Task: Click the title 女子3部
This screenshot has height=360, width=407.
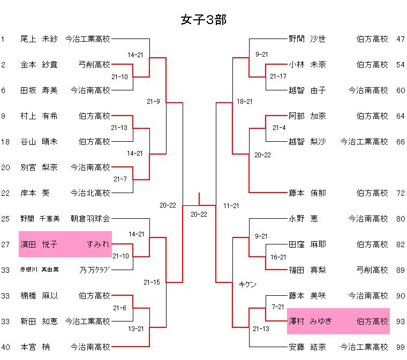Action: coord(204,20)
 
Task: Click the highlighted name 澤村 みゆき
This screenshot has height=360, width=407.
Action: coord(311,321)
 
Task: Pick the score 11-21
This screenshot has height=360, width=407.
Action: coord(231,205)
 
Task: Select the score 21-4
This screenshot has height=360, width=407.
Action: coord(279,128)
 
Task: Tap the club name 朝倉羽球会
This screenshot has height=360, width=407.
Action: coord(91,219)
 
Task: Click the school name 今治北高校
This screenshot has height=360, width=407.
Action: coord(91,193)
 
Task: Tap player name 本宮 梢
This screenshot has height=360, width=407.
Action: coord(35,347)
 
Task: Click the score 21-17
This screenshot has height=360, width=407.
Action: coord(278,76)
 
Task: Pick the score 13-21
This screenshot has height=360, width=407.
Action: coord(135,328)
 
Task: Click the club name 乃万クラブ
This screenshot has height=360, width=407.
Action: coord(95,270)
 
